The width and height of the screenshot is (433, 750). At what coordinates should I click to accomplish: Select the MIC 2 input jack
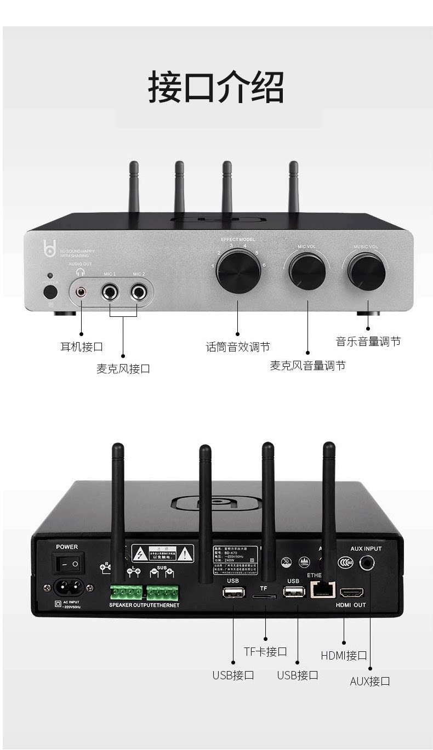tap(140, 292)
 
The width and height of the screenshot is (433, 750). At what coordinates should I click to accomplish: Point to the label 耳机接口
tap(81, 346)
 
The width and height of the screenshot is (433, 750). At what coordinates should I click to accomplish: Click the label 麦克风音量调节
tap(307, 366)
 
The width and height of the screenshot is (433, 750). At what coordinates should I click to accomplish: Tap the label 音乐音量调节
tap(368, 342)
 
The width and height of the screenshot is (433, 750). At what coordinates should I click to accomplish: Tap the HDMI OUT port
tap(351, 593)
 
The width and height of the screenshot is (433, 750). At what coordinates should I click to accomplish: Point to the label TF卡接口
tap(265, 652)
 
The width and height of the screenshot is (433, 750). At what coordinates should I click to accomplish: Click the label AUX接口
tap(370, 681)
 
